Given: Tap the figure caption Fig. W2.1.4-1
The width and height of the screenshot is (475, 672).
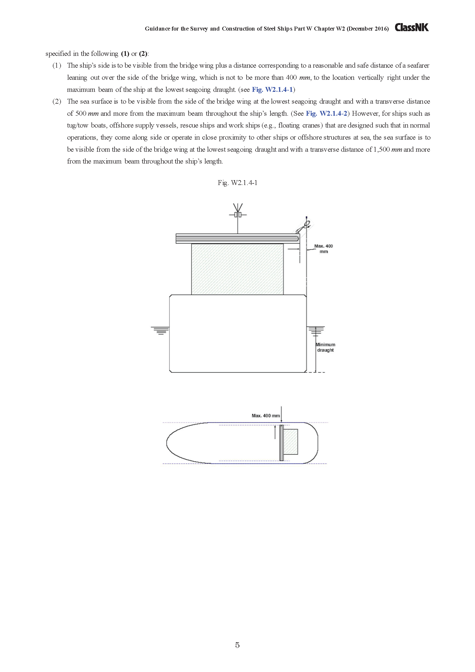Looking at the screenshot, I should point(237,183).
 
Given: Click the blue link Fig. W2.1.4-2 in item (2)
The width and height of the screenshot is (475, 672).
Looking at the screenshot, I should point(326,114).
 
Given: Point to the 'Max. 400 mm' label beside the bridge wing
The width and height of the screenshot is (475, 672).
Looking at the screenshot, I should point(323,249).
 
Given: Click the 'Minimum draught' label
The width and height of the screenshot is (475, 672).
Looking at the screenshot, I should point(325,347).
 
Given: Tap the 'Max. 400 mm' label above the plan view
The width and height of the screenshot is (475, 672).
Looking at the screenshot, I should point(266,416).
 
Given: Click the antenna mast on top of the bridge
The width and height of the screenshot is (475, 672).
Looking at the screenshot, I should point(238,217).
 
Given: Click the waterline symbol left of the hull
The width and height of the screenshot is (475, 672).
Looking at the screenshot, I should point(160,330).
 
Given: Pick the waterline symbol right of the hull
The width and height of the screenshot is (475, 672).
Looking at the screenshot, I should point(316,330).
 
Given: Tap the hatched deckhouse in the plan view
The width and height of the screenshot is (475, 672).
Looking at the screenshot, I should point(291,442).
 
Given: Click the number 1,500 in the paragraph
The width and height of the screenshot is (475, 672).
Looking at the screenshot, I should point(382,150).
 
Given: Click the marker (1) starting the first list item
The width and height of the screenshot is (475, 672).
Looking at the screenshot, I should point(57,66).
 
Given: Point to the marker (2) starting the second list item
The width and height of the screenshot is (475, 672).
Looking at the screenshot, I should point(57,101).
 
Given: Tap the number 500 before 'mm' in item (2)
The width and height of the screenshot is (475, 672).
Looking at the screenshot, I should point(81,114).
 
